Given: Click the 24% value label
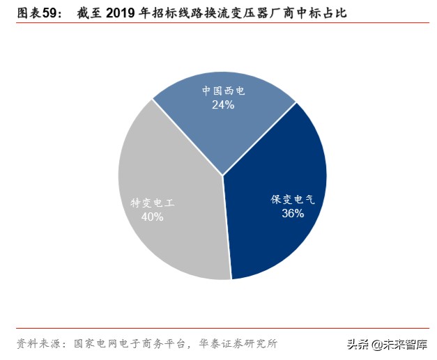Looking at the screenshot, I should point(223,104).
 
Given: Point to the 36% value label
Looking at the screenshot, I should point(293,213).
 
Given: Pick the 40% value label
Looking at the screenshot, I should point(152,217).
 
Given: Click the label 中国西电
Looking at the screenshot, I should point(224,91).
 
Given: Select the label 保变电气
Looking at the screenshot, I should point(293,199).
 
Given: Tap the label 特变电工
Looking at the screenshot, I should point(152,203).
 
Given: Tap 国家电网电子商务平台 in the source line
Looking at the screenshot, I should point(128,343).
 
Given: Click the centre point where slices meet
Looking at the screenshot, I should point(223,175).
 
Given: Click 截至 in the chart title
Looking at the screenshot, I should point(89,13).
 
